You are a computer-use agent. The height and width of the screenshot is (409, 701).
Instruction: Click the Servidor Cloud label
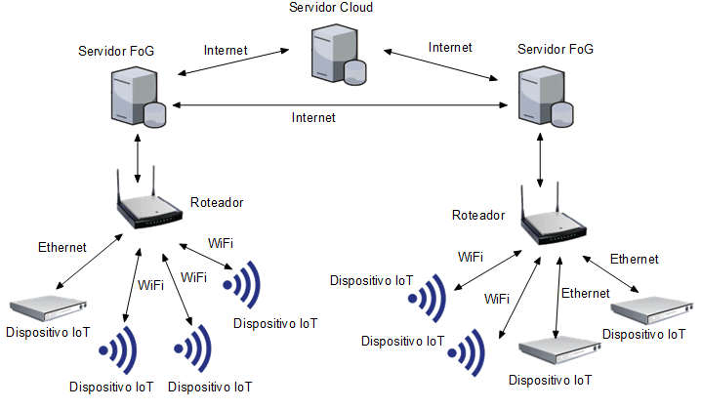tap(331, 8)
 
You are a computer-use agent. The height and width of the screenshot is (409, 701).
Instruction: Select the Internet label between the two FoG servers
tap(313, 117)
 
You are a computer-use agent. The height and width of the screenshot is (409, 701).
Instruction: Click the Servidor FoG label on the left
tap(115, 49)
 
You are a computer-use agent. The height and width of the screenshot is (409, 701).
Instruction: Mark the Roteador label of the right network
tap(478, 214)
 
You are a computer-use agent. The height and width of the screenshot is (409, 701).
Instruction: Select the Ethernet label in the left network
tap(62, 247)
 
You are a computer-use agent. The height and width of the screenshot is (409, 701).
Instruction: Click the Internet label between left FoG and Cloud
tap(226, 49)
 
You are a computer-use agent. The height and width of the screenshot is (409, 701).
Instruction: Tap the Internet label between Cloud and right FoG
tap(450, 47)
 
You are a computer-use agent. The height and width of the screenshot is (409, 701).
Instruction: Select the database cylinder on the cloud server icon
tap(353, 71)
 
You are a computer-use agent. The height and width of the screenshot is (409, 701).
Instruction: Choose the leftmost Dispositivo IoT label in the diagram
tap(48, 332)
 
